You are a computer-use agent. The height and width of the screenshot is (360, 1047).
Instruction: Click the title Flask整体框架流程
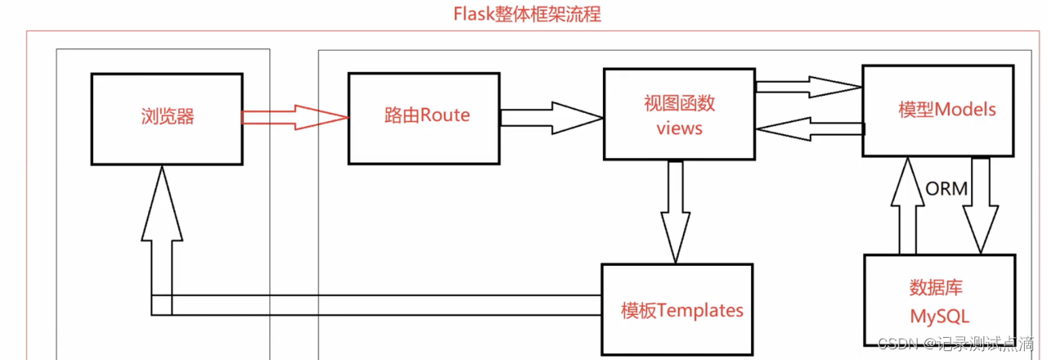tap(527, 14)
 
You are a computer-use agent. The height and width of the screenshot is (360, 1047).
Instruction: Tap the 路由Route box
tap(424, 117)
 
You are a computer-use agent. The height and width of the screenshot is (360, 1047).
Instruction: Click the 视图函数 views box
tap(679, 115)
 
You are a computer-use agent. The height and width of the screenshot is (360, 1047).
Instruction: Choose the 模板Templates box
tap(676, 310)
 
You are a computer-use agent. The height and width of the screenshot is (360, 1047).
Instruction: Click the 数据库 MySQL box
tap(940, 300)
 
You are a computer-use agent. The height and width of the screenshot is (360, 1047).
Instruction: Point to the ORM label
tap(946, 189)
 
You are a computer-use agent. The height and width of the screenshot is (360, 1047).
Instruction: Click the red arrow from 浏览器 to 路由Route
tap(294, 117)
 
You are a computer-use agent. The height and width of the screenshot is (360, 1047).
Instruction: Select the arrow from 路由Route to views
tap(550, 117)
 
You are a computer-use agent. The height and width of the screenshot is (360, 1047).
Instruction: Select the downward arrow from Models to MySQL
tap(980, 205)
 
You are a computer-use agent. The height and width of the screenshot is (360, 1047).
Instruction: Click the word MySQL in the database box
tap(940, 315)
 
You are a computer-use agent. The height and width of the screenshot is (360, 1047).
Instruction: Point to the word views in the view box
tap(679, 128)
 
